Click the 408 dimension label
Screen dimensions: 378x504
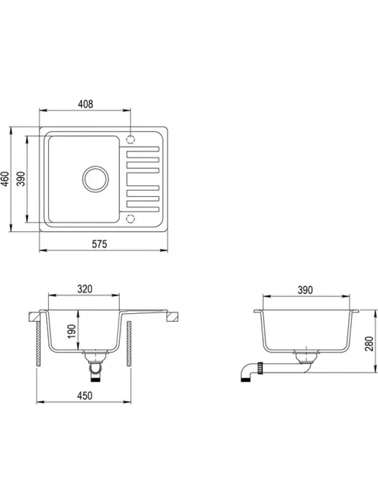click(x=86, y=104)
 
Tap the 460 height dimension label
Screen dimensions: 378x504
click(x=4, y=178)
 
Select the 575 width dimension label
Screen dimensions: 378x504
click(x=99, y=244)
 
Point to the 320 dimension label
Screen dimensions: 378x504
click(x=85, y=289)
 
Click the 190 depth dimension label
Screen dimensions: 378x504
click(x=72, y=331)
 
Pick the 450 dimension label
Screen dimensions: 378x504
click(x=85, y=395)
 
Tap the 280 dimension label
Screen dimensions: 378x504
click(x=369, y=343)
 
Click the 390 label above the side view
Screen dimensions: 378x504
click(x=305, y=290)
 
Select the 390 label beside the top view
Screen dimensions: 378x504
click(x=21, y=178)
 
